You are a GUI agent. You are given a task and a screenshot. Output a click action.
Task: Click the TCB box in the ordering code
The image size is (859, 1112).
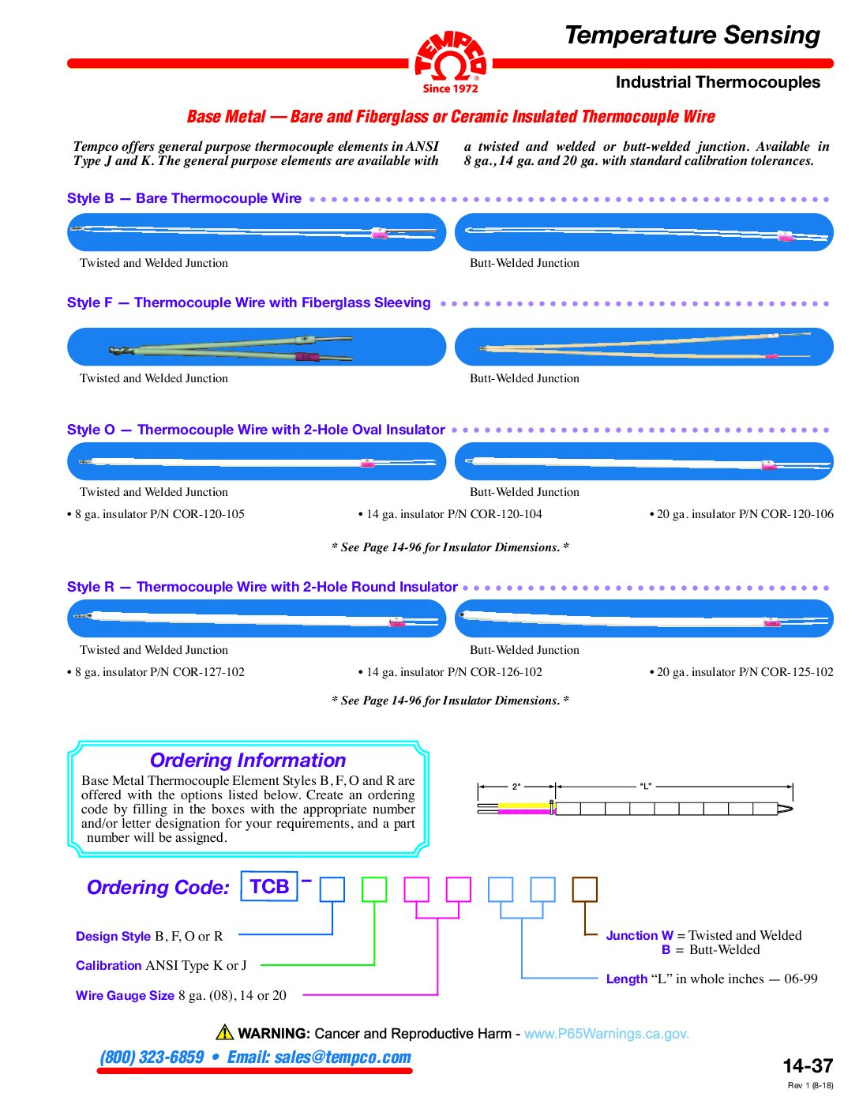tap(269, 886)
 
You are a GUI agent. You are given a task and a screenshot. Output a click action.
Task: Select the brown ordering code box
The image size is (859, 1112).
tap(584, 889)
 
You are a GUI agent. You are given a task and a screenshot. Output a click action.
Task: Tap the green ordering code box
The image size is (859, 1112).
tap(374, 889)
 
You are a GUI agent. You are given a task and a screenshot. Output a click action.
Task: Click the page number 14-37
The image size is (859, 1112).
tap(808, 1066)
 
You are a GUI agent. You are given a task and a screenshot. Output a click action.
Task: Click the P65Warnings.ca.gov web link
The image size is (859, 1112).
tap(606, 1034)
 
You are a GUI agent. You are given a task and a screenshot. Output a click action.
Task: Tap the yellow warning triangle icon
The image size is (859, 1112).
tap(225, 1032)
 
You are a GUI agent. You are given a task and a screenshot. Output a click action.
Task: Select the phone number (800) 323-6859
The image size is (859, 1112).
tap(152, 1058)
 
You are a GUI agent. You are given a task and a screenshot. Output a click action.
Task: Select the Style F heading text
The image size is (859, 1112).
tap(249, 302)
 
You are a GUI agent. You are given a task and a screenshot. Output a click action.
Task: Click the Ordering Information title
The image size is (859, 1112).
tap(248, 761)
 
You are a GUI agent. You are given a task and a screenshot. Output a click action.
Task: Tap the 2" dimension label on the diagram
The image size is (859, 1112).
tap(516, 787)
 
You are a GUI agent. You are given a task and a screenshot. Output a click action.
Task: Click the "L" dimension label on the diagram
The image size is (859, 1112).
tap(646, 787)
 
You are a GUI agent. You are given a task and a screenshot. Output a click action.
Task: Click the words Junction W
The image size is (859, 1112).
tap(640, 936)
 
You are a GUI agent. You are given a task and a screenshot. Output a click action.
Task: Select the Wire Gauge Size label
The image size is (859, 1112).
tap(125, 996)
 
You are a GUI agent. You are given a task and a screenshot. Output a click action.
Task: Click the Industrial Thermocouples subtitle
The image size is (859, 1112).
tap(717, 82)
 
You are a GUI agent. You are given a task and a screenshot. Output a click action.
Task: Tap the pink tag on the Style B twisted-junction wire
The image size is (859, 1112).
tap(380, 233)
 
